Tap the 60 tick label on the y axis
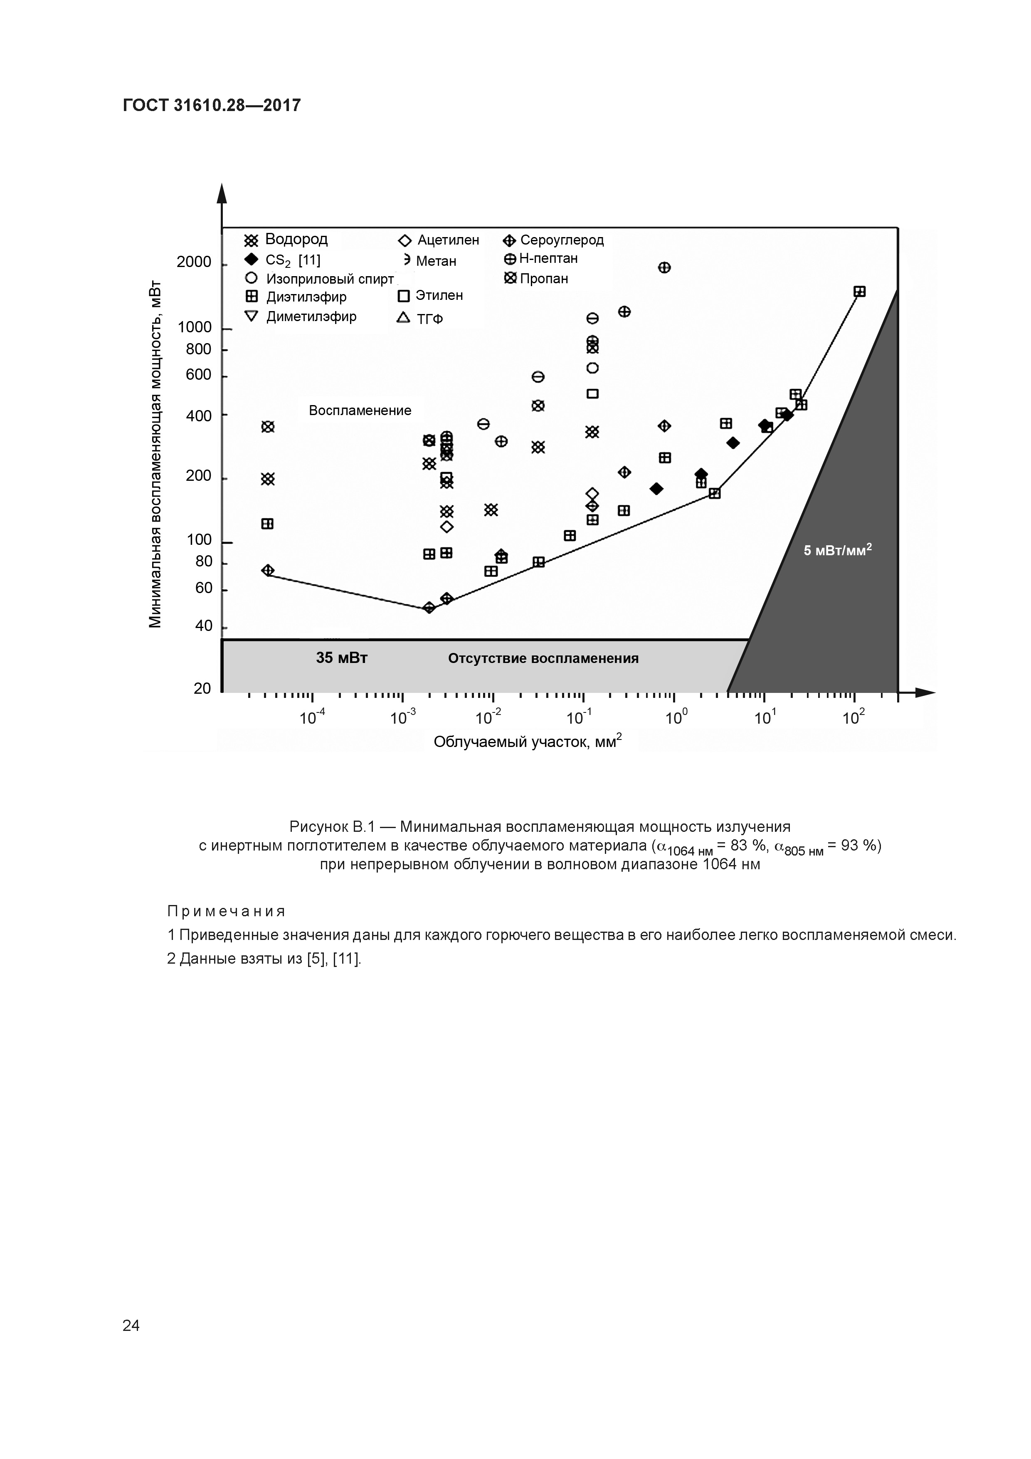(203, 589)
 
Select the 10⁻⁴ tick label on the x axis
(312, 718)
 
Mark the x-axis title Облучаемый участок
(527, 742)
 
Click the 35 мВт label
(342, 658)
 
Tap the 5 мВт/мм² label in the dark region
(837, 550)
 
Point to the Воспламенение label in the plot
(360, 410)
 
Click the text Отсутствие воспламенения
(543, 658)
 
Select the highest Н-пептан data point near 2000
(664, 267)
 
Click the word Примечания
(226, 912)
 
